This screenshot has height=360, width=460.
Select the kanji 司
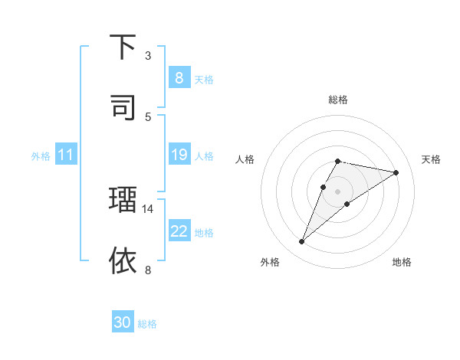coord(123,106)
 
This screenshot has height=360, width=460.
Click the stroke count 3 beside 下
coord(148,56)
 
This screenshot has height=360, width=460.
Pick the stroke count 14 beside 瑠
coord(148,208)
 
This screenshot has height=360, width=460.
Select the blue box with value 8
coord(179,78)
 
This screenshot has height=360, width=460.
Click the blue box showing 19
coord(179,155)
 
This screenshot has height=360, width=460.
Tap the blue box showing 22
coord(179,231)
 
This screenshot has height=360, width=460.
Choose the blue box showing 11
coord(65,155)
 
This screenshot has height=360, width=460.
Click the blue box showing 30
coord(123,322)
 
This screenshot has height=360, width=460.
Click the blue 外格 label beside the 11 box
coord(41,156)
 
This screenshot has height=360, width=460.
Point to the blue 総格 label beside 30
coord(147,324)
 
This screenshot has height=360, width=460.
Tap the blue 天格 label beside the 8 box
coord(203,79)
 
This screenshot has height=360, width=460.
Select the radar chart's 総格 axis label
coord(338,100)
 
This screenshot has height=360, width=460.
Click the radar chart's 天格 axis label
coord(431,159)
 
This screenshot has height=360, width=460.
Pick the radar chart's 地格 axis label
coord(402,262)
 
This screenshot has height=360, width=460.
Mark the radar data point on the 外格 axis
coord(302,242)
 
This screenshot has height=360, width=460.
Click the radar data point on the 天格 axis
coord(396,172)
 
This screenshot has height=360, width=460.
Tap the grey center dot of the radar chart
coord(338,191)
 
